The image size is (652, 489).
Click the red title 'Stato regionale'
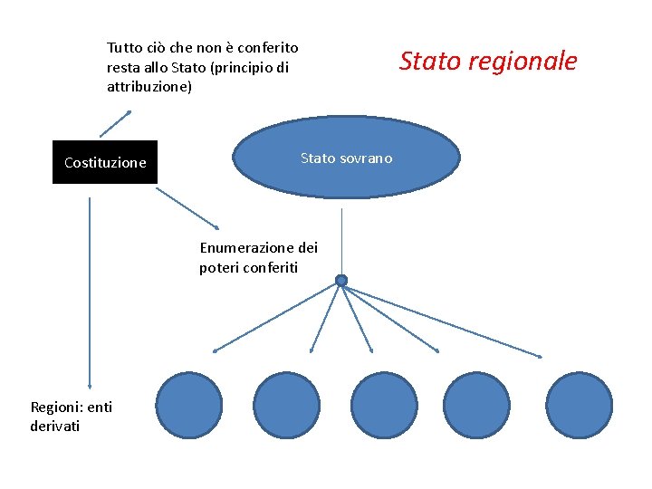point(487,62)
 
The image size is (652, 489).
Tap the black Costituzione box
point(105,162)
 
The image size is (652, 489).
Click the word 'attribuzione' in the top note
point(149,88)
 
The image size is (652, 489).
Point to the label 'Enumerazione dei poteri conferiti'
point(258,257)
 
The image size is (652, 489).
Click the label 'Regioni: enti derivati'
point(71,417)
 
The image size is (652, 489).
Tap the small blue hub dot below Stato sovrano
point(341,281)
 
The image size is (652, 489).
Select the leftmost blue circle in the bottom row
point(189,405)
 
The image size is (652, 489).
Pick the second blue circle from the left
point(286,405)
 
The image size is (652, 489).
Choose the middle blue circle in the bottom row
point(383,405)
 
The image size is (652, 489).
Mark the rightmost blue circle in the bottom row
point(580,405)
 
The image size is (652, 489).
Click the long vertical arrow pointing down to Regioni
point(90,290)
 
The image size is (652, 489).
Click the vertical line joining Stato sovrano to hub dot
point(341,240)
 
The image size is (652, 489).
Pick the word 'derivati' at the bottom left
point(54,426)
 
